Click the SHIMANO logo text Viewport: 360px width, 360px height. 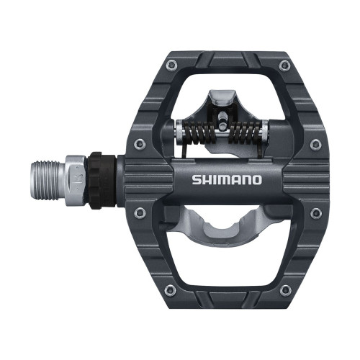[x=227, y=179]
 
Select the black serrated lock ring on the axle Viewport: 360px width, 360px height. [x=101, y=179]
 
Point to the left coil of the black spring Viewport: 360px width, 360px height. [x=199, y=131]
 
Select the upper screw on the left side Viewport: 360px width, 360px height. [x=140, y=143]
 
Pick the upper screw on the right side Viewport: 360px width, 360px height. [x=315, y=143]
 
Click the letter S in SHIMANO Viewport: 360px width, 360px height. [x=197, y=179]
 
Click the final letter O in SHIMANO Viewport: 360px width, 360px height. [x=257, y=179]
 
